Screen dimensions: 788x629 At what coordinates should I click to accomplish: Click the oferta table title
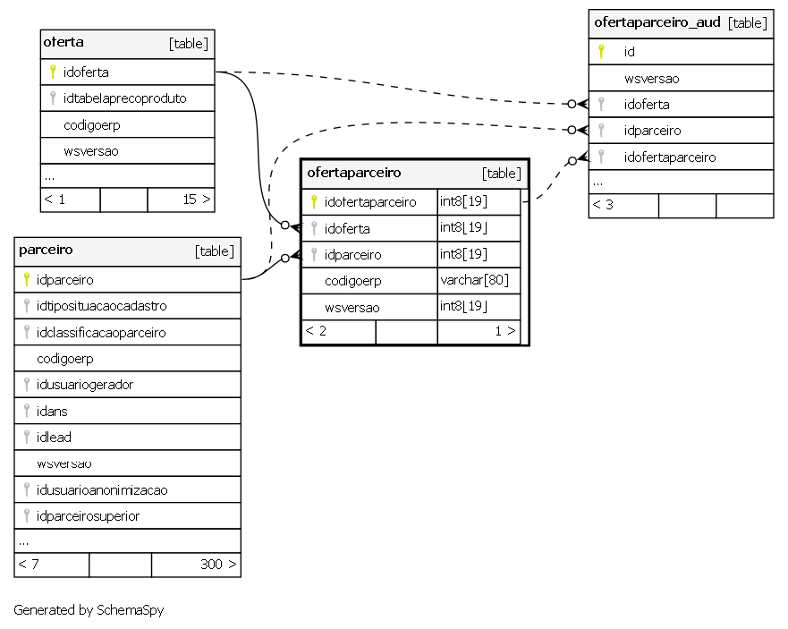pos(64,42)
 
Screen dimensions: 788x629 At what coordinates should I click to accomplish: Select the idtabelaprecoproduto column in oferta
pos(124,98)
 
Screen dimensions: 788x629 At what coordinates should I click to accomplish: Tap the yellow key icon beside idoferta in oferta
pos(52,72)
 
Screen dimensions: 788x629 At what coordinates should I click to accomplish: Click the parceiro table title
pos(46,250)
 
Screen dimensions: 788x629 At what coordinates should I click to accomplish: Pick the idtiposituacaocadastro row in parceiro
pos(101,306)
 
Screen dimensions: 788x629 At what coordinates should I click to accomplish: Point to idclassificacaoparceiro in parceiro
pos(101,332)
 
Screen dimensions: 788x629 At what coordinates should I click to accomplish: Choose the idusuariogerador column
pos(84,385)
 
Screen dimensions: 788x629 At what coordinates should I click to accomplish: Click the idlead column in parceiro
pos(54,437)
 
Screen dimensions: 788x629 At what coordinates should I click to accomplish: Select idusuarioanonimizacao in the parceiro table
pos(102,489)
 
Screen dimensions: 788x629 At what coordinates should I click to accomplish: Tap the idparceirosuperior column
pos(88,516)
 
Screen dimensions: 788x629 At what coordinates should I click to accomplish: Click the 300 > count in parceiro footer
pos(218,565)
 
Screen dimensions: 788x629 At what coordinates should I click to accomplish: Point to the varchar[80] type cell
pos(474,279)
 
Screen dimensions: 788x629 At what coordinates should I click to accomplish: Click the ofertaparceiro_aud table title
pos(657,22)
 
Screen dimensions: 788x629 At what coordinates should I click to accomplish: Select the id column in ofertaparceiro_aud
pos(629,52)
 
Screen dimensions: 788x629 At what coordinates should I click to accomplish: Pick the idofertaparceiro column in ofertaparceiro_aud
pos(670,157)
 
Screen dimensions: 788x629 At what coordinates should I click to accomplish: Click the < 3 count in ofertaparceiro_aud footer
pos(603,205)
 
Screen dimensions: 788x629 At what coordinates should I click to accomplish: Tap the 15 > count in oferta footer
pos(197,200)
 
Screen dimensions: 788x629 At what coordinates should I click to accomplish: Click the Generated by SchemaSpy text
pos(89,610)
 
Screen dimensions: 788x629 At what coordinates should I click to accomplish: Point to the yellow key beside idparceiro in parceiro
pos(27,279)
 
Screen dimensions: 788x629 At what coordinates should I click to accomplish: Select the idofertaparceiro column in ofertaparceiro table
pos(370,201)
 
